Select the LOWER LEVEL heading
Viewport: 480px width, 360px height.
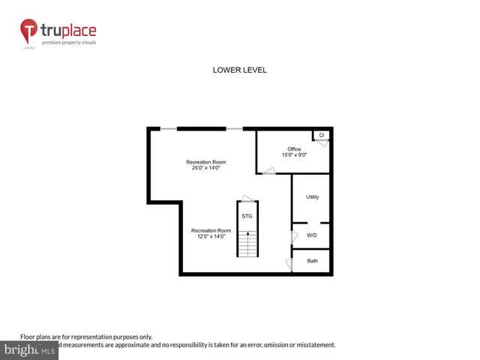click(x=240, y=70)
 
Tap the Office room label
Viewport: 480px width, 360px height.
click(x=294, y=149)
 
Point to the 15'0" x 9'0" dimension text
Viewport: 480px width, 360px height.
click(x=294, y=155)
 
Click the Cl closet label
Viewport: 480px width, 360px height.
click(x=322, y=135)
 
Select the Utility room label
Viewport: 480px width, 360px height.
click(x=313, y=197)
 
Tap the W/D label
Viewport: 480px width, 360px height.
click(x=312, y=235)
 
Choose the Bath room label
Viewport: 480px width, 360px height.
click(x=312, y=261)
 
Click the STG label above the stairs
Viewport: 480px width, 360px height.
click(x=247, y=216)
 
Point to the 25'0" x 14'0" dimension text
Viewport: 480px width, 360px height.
click(x=206, y=168)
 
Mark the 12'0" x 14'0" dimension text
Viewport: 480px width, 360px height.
click(x=211, y=236)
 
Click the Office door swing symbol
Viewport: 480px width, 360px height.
click(x=268, y=172)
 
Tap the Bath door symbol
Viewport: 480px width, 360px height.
click(x=289, y=264)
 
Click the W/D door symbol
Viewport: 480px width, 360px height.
click(x=294, y=236)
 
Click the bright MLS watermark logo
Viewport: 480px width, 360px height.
click(x=29, y=350)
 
